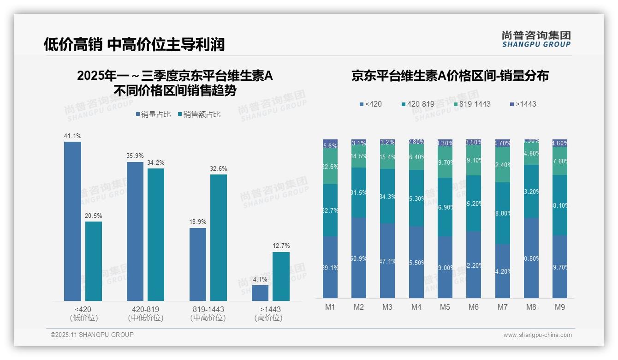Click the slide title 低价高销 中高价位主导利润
click(x=134, y=44)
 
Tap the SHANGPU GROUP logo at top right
click(x=536, y=39)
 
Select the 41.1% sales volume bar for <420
click(x=72, y=221)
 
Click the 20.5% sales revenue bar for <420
click(x=94, y=261)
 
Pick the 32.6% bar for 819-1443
click(x=219, y=238)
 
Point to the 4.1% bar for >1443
click(x=260, y=293)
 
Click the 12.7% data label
click(x=281, y=246)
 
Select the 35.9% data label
click(x=135, y=156)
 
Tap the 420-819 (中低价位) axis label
click(x=145, y=313)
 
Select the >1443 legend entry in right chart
click(x=523, y=104)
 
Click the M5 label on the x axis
click(x=445, y=307)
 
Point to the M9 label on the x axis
click(x=559, y=307)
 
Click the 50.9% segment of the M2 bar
click(x=359, y=258)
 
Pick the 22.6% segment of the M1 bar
click(x=330, y=167)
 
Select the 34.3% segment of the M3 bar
click(x=387, y=196)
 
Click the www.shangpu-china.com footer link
click(x=537, y=335)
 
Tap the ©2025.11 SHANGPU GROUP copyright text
click(x=92, y=335)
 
